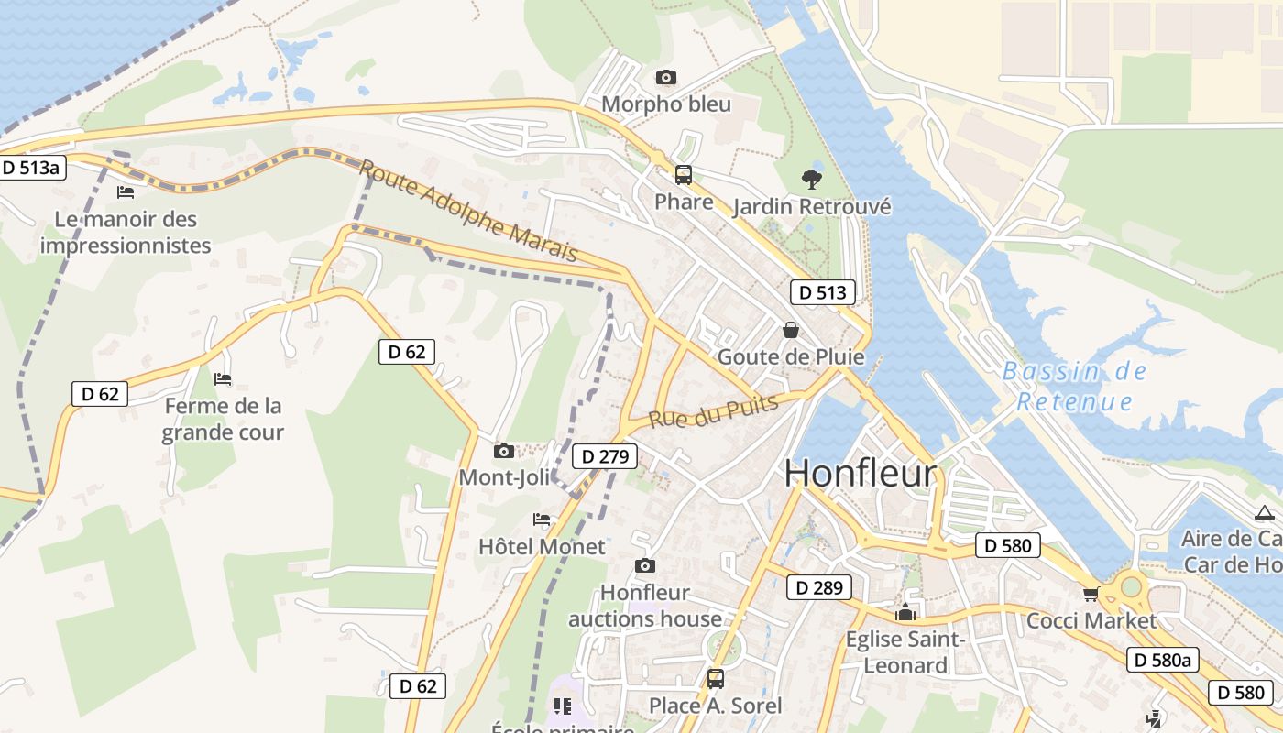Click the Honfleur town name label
(861, 473)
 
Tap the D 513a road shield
(32, 168)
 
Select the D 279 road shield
(604, 456)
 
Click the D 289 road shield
(818, 587)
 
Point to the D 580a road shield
(1162, 660)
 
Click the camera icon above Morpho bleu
(666, 78)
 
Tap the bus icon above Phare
(683, 175)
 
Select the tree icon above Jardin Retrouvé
(811, 179)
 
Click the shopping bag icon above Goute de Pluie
(790, 330)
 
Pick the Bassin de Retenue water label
(1074, 387)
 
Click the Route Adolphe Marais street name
(467, 210)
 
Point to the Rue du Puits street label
(714, 411)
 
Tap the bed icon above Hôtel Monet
(542, 520)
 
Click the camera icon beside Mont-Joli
(503, 451)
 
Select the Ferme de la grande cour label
(223, 419)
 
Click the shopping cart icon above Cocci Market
(1091, 595)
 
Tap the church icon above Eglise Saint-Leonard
(905, 612)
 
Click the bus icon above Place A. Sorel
(715, 679)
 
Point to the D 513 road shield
(822, 292)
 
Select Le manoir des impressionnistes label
(126, 232)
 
